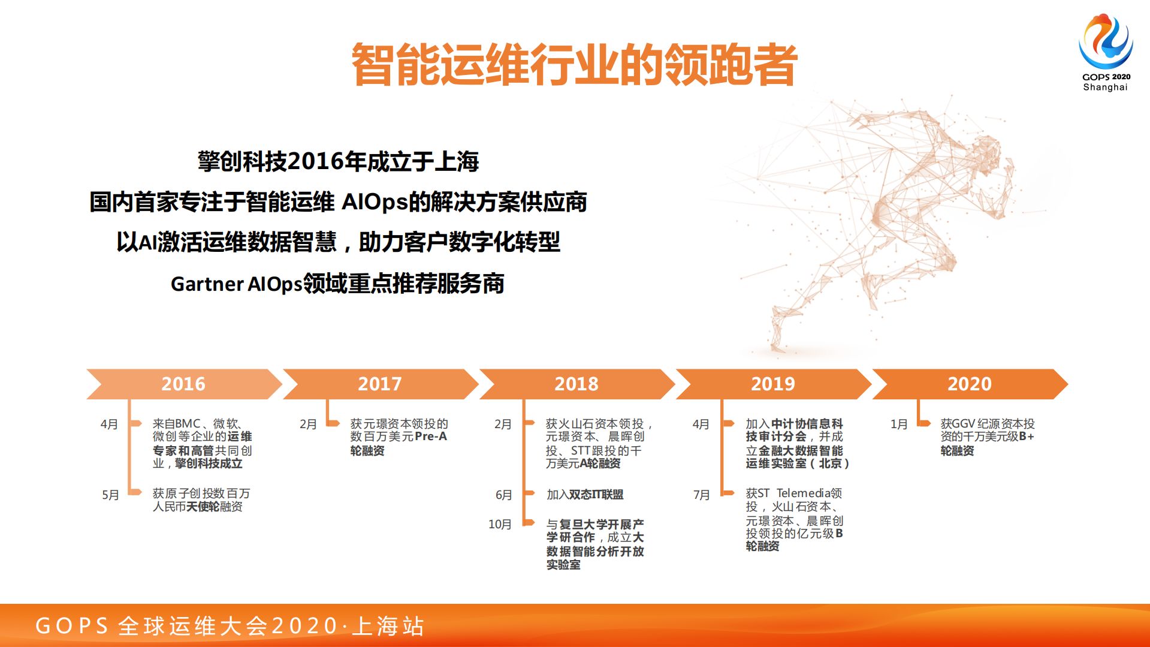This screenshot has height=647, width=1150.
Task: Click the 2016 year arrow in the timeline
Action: (x=183, y=384)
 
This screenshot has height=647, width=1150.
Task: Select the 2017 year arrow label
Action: (x=380, y=384)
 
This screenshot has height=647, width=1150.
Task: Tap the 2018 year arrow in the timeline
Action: (x=576, y=384)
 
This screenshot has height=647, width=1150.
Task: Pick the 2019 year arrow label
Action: (x=772, y=384)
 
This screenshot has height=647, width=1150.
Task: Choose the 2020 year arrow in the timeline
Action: (x=969, y=384)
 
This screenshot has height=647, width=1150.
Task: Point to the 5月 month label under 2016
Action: (x=110, y=495)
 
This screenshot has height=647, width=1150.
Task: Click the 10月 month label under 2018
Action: (x=500, y=525)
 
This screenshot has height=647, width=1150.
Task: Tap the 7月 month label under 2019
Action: (x=702, y=495)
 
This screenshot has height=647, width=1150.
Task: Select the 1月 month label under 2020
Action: (x=899, y=425)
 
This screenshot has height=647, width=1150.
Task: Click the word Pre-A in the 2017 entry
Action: (x=431, y=437)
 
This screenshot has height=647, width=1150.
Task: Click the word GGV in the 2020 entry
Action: (x=962, y=424)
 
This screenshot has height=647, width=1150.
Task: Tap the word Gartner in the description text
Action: (x=207, y=284)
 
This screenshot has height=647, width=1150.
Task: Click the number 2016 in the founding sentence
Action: (x=315, y=161)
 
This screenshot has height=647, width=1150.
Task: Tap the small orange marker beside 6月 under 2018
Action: (x=529, y=493)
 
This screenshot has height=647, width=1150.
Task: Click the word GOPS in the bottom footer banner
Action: (x=72, y=626)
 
